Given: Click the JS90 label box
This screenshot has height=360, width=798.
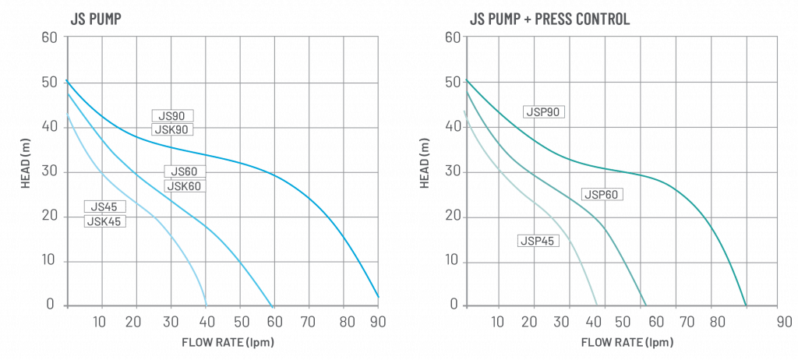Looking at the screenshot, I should (172, 116).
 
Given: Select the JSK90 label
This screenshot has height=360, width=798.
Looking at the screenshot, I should (172, 129).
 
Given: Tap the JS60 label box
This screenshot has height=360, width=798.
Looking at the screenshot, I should (185, 172).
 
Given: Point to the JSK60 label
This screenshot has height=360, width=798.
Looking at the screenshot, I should (185, 185).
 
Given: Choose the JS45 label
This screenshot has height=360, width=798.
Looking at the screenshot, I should (105, 206).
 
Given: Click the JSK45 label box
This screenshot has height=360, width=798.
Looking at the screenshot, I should (105, 221).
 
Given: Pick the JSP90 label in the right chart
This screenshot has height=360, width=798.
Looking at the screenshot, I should (543, 112).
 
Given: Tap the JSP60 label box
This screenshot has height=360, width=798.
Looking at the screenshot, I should (602, 194).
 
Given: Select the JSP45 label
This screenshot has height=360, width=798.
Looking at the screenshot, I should (537, 241).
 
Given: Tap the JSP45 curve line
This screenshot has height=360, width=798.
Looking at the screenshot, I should (577, 257).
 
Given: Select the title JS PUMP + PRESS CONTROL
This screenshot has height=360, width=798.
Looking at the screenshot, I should (551, 18).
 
